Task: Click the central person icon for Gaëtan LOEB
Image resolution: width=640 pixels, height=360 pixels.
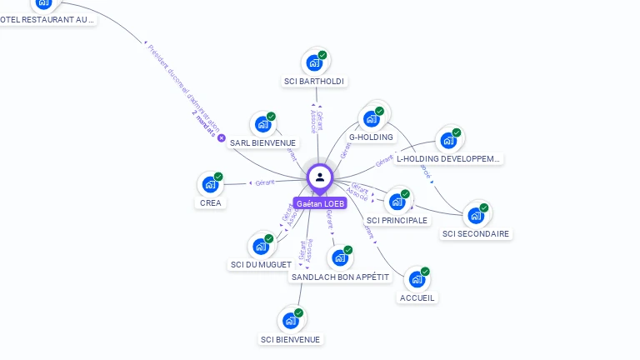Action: (x=320, y=177)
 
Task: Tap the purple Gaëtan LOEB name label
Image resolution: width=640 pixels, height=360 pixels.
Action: (x=320, y=203)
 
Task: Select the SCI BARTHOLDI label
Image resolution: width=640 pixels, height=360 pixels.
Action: (x=313, y=81)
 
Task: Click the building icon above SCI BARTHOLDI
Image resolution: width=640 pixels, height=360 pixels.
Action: (x=314, y=62)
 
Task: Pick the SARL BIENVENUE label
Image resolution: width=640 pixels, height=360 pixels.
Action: (x=262, y=142)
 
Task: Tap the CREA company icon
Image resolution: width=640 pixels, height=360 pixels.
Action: (x=210, y=183)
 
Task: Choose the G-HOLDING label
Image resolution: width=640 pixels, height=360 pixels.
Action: (x=371, y=137)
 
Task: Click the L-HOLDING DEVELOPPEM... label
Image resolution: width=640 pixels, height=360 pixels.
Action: (x=448, y=158)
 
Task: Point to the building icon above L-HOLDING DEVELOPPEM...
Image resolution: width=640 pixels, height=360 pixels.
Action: (x=448, y=139)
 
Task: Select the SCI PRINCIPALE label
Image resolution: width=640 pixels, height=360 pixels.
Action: (x=397, y=220)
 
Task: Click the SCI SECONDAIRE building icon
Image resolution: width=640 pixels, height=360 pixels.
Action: (x=476, y=215)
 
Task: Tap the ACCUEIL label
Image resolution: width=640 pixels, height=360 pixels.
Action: (x=417, y=297)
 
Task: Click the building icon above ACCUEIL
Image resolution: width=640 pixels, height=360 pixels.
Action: (x=417, y=278)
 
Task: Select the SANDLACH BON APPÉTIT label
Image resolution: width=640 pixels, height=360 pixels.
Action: (x=340, y=277)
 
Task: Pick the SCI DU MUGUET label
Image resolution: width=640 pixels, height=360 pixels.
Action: (x=261, y=264)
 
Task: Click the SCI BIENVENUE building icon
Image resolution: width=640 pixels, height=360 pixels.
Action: (x=290, y=320)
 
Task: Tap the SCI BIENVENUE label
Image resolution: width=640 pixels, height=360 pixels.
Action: (x=290, y=339)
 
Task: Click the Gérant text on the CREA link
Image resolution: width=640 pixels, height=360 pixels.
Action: (x=264, y=182)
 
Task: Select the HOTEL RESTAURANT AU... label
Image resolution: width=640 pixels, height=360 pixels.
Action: (x=47, y=19)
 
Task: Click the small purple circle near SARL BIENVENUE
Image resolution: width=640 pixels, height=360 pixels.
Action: (x=222, y=137)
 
